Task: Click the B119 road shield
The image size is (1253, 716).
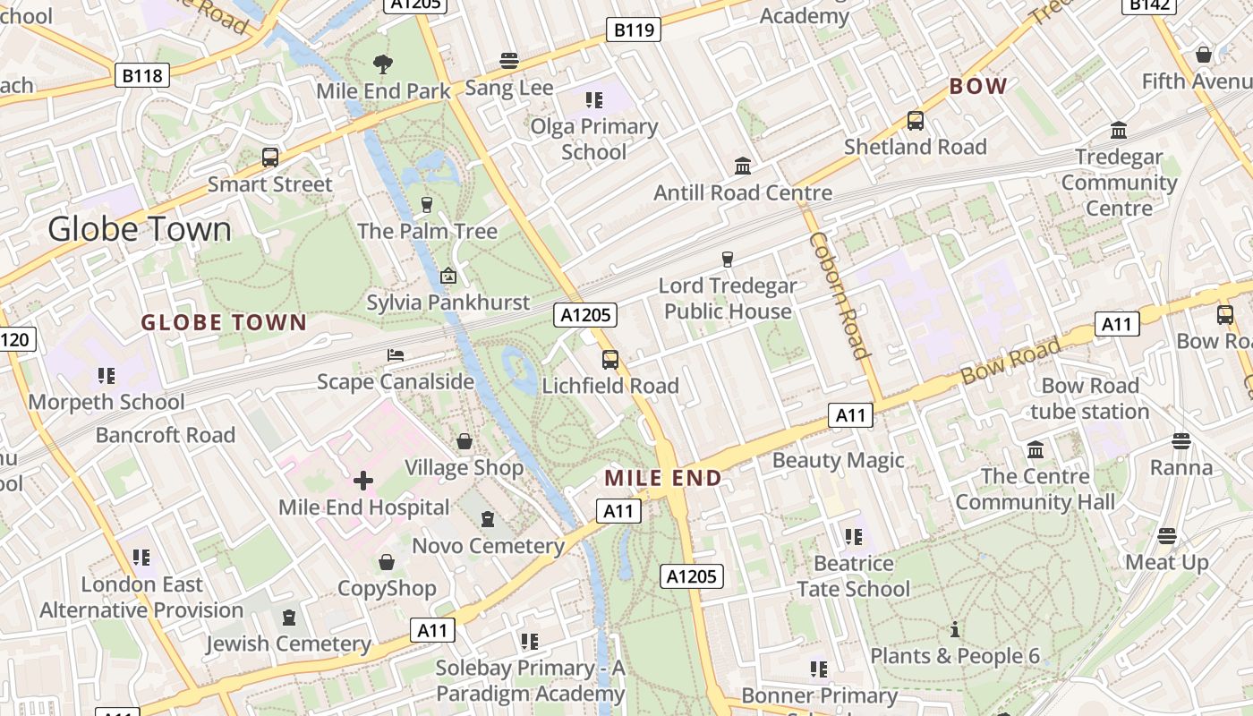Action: [634, 30]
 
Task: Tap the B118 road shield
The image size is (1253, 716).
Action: [142, 75]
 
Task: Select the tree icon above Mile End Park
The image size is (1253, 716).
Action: [383, 64]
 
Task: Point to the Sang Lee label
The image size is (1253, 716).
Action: [508, 88]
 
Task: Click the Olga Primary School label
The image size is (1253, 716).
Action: [593, 140]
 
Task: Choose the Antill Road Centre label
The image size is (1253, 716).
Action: [743, 192]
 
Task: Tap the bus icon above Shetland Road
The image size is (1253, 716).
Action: [915, 121]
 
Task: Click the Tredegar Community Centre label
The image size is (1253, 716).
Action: [1119, 183]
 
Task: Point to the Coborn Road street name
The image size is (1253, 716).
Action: [840, 295]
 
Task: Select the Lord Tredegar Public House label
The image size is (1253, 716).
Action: [728, 299]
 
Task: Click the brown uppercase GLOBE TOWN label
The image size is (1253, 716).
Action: [224, 323]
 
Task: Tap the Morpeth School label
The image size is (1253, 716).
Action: [107, 402]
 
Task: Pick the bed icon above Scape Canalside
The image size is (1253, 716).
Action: [396, 355]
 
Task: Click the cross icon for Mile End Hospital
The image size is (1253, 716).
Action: [363, 482]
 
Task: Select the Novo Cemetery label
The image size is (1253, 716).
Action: [488, 546]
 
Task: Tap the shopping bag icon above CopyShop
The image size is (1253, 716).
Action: [387, 562]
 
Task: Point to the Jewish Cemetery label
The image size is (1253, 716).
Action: [288, 644]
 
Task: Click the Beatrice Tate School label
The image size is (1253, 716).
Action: [853, 576]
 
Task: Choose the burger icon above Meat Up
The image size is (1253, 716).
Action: [1166, 536]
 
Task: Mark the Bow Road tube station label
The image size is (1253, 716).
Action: [1089, 399]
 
